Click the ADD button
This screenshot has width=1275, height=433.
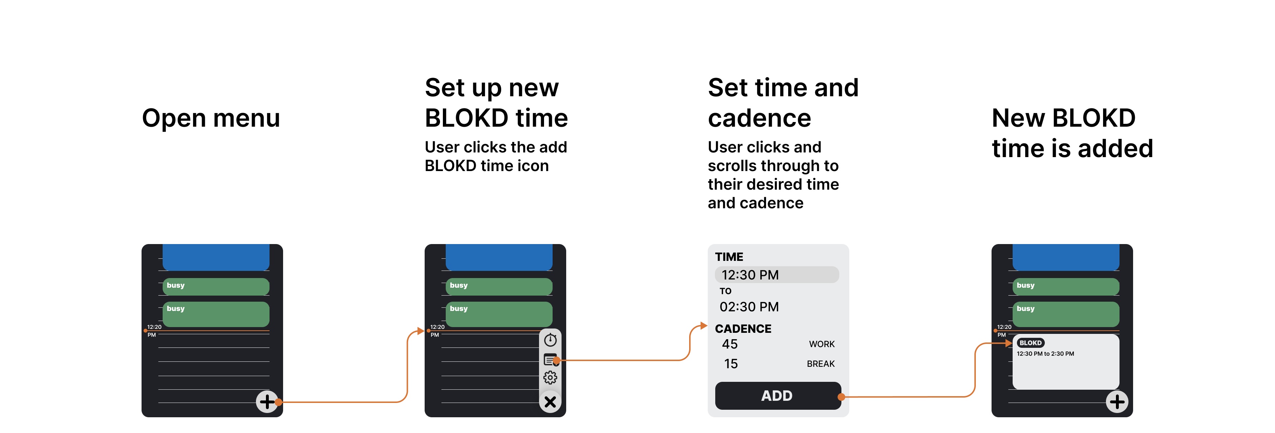777,395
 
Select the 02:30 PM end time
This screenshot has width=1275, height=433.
749,307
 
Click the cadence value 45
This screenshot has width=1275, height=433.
730,344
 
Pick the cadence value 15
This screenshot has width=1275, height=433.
731,364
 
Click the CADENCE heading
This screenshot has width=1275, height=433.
743,329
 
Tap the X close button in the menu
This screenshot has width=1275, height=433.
550,402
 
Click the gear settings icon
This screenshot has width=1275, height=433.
550,378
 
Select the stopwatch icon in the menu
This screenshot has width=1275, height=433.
550,340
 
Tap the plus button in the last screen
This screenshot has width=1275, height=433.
1117,401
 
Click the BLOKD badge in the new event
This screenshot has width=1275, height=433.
1030,343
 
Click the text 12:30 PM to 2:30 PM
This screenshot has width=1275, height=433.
1045,354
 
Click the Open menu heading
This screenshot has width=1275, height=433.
211,118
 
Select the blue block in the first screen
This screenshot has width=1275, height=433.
216,257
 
